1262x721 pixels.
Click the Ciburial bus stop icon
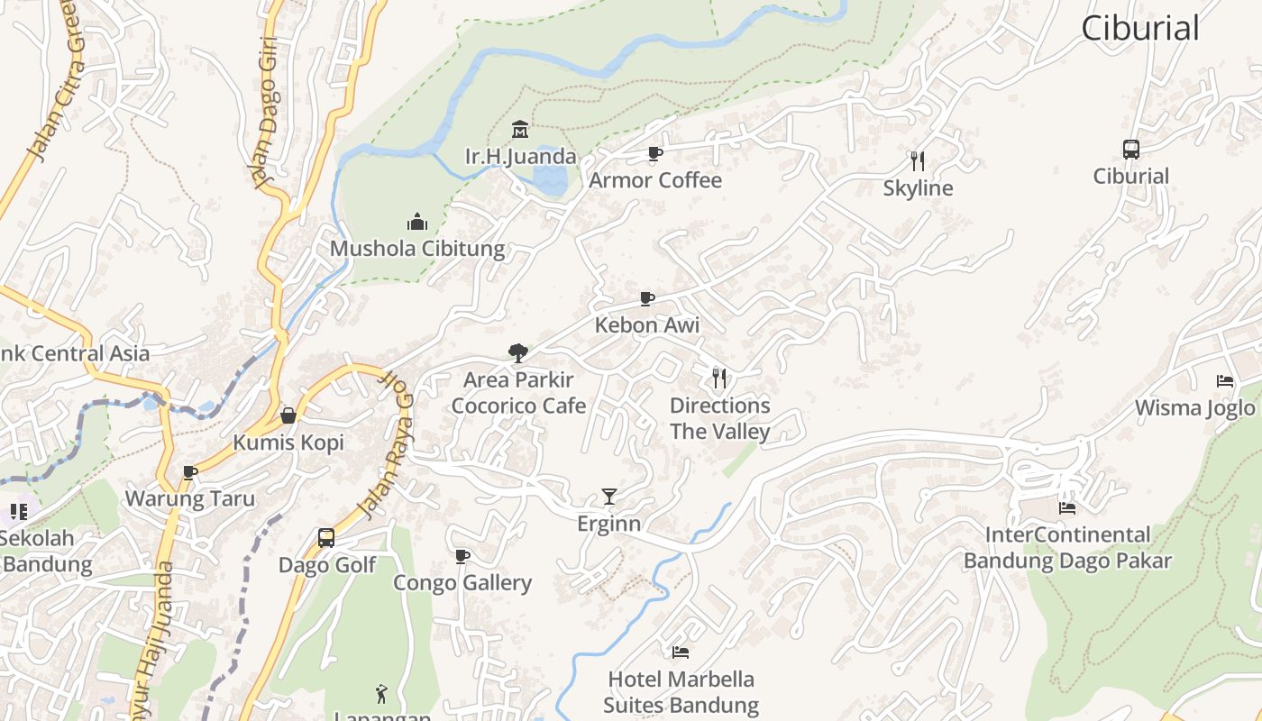pos(1130,150)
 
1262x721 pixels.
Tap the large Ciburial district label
pos(1140,28)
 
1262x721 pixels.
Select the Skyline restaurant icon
pos(918,161)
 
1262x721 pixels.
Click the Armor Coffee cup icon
pos(655,153)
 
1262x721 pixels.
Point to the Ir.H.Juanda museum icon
pos(520,129)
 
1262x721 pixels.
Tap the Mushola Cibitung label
pos(417,249)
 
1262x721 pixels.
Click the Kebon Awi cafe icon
pos(646,298)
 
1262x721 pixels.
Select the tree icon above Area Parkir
pos(517,352)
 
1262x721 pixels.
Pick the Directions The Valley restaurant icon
pos(719,378)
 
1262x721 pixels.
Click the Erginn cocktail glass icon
pos(609,497)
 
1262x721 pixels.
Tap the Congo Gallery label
pos(462,583)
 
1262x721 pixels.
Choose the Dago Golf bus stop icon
pos(326,538)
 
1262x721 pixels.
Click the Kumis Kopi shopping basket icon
pos(288,415)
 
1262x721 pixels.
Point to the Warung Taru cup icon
pos(189,472)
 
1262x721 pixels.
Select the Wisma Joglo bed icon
pos(1224,380)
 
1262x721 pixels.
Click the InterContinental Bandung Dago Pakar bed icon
pos(1067,507)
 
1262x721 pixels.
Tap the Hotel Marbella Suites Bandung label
pos(681,692)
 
